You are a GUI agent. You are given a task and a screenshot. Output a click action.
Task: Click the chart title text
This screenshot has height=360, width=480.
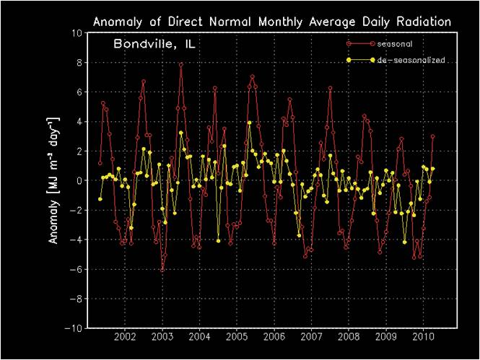click(x=271, y=22)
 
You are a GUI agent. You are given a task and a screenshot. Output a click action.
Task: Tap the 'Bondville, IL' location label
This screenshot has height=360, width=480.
click(x=154, y=45)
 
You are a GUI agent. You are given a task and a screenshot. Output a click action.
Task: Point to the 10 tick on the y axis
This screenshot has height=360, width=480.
click(x=74, y=33)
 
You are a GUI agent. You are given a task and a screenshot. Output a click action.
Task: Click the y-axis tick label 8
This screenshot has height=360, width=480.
click(x=77, y=63)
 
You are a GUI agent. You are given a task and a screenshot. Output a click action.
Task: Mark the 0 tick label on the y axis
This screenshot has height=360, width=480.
click(x=77, y=180)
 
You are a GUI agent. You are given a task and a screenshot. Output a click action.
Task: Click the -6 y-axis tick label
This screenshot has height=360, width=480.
click(x=74, y=269)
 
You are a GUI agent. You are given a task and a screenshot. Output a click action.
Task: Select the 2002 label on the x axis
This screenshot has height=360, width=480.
click(x=125, y=338)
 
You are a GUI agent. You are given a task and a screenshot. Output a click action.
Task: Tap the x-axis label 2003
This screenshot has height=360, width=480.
click(x=162, y=338)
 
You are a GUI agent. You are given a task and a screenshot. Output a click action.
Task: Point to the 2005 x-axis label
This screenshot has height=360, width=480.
click(x=237, y=338)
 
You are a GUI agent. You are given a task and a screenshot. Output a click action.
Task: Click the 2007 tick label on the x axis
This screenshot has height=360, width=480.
click(x=311, y=338)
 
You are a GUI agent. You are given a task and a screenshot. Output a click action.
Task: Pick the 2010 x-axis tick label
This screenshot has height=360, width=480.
click(x=423, y=338)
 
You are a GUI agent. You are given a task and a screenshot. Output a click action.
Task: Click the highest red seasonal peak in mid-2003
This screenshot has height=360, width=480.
click(x=181, y=64)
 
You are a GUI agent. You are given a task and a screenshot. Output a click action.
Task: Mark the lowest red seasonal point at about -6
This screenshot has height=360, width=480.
click(x=162, y=269)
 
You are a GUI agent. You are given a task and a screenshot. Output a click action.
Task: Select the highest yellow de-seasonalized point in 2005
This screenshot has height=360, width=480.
click(x=249, y=123)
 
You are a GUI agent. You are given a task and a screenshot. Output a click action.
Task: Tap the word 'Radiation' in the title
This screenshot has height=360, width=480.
click(x=422, y=22)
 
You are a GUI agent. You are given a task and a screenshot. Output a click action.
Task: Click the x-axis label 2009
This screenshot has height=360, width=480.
click(x=386, y=338)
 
